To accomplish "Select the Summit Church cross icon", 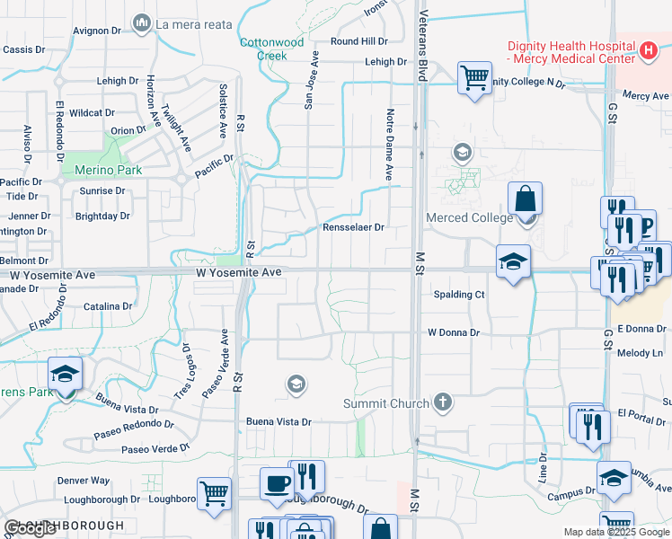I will [442, 402].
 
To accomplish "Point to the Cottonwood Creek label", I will [263, 49].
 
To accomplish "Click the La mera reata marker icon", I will [141, 22].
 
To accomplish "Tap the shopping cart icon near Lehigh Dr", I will [474, 76].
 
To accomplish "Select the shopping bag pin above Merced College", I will [525, 198].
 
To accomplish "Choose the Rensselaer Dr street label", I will [353, 227].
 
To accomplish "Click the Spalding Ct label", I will [459, 294].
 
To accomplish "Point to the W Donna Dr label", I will [454, 332].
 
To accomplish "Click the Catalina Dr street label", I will [108, 306].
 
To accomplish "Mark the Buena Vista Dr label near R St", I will [279, 421].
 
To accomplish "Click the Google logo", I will [31, 528].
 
